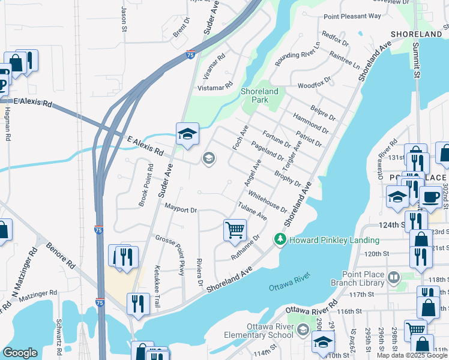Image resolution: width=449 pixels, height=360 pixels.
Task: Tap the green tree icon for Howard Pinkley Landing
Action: click(279, 239)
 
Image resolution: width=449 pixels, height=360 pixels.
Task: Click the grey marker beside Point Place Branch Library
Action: click(394, 277)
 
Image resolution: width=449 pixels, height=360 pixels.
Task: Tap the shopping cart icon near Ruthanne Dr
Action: click(235, 229)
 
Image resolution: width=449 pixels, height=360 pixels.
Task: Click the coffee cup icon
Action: click(430, 197)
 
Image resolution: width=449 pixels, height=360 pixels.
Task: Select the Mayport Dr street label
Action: click(181, 209)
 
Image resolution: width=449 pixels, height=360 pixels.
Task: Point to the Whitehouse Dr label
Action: click(267, 201)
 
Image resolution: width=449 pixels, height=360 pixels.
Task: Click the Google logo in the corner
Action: click(20, 353)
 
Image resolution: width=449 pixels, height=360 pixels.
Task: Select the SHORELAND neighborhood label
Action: click(417, 35)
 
